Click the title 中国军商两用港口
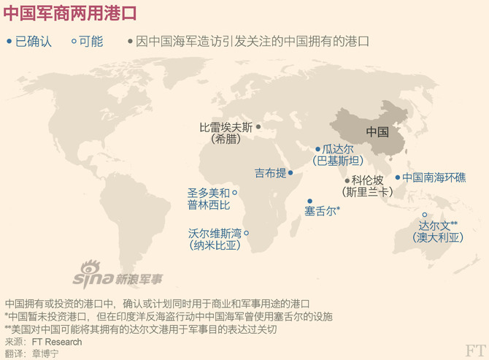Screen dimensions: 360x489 pyautogui.click(x=69, y=15)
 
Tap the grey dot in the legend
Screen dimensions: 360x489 pyautogui.click(x=130, y=42)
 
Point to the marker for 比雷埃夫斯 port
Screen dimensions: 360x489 pyautogui.click(x=258, y=126)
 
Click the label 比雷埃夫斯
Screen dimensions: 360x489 pyautogui.click(x=226, y=127)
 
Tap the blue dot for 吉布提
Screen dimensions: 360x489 pyautogui.click(x=290, y=173)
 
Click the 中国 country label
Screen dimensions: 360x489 pyautogui.click(x=377, y=132)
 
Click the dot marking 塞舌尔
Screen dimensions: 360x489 pyautogui.click(x=309, y=201)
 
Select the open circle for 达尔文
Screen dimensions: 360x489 pyautogui.click(x=425, y=215)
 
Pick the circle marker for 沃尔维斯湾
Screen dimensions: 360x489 pyautogui.click(x=246, y=234)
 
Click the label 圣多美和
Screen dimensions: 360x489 pyautogui.click(x=208, y=193)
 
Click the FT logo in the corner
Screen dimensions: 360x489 pyautogui.click(x=475, y=351)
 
